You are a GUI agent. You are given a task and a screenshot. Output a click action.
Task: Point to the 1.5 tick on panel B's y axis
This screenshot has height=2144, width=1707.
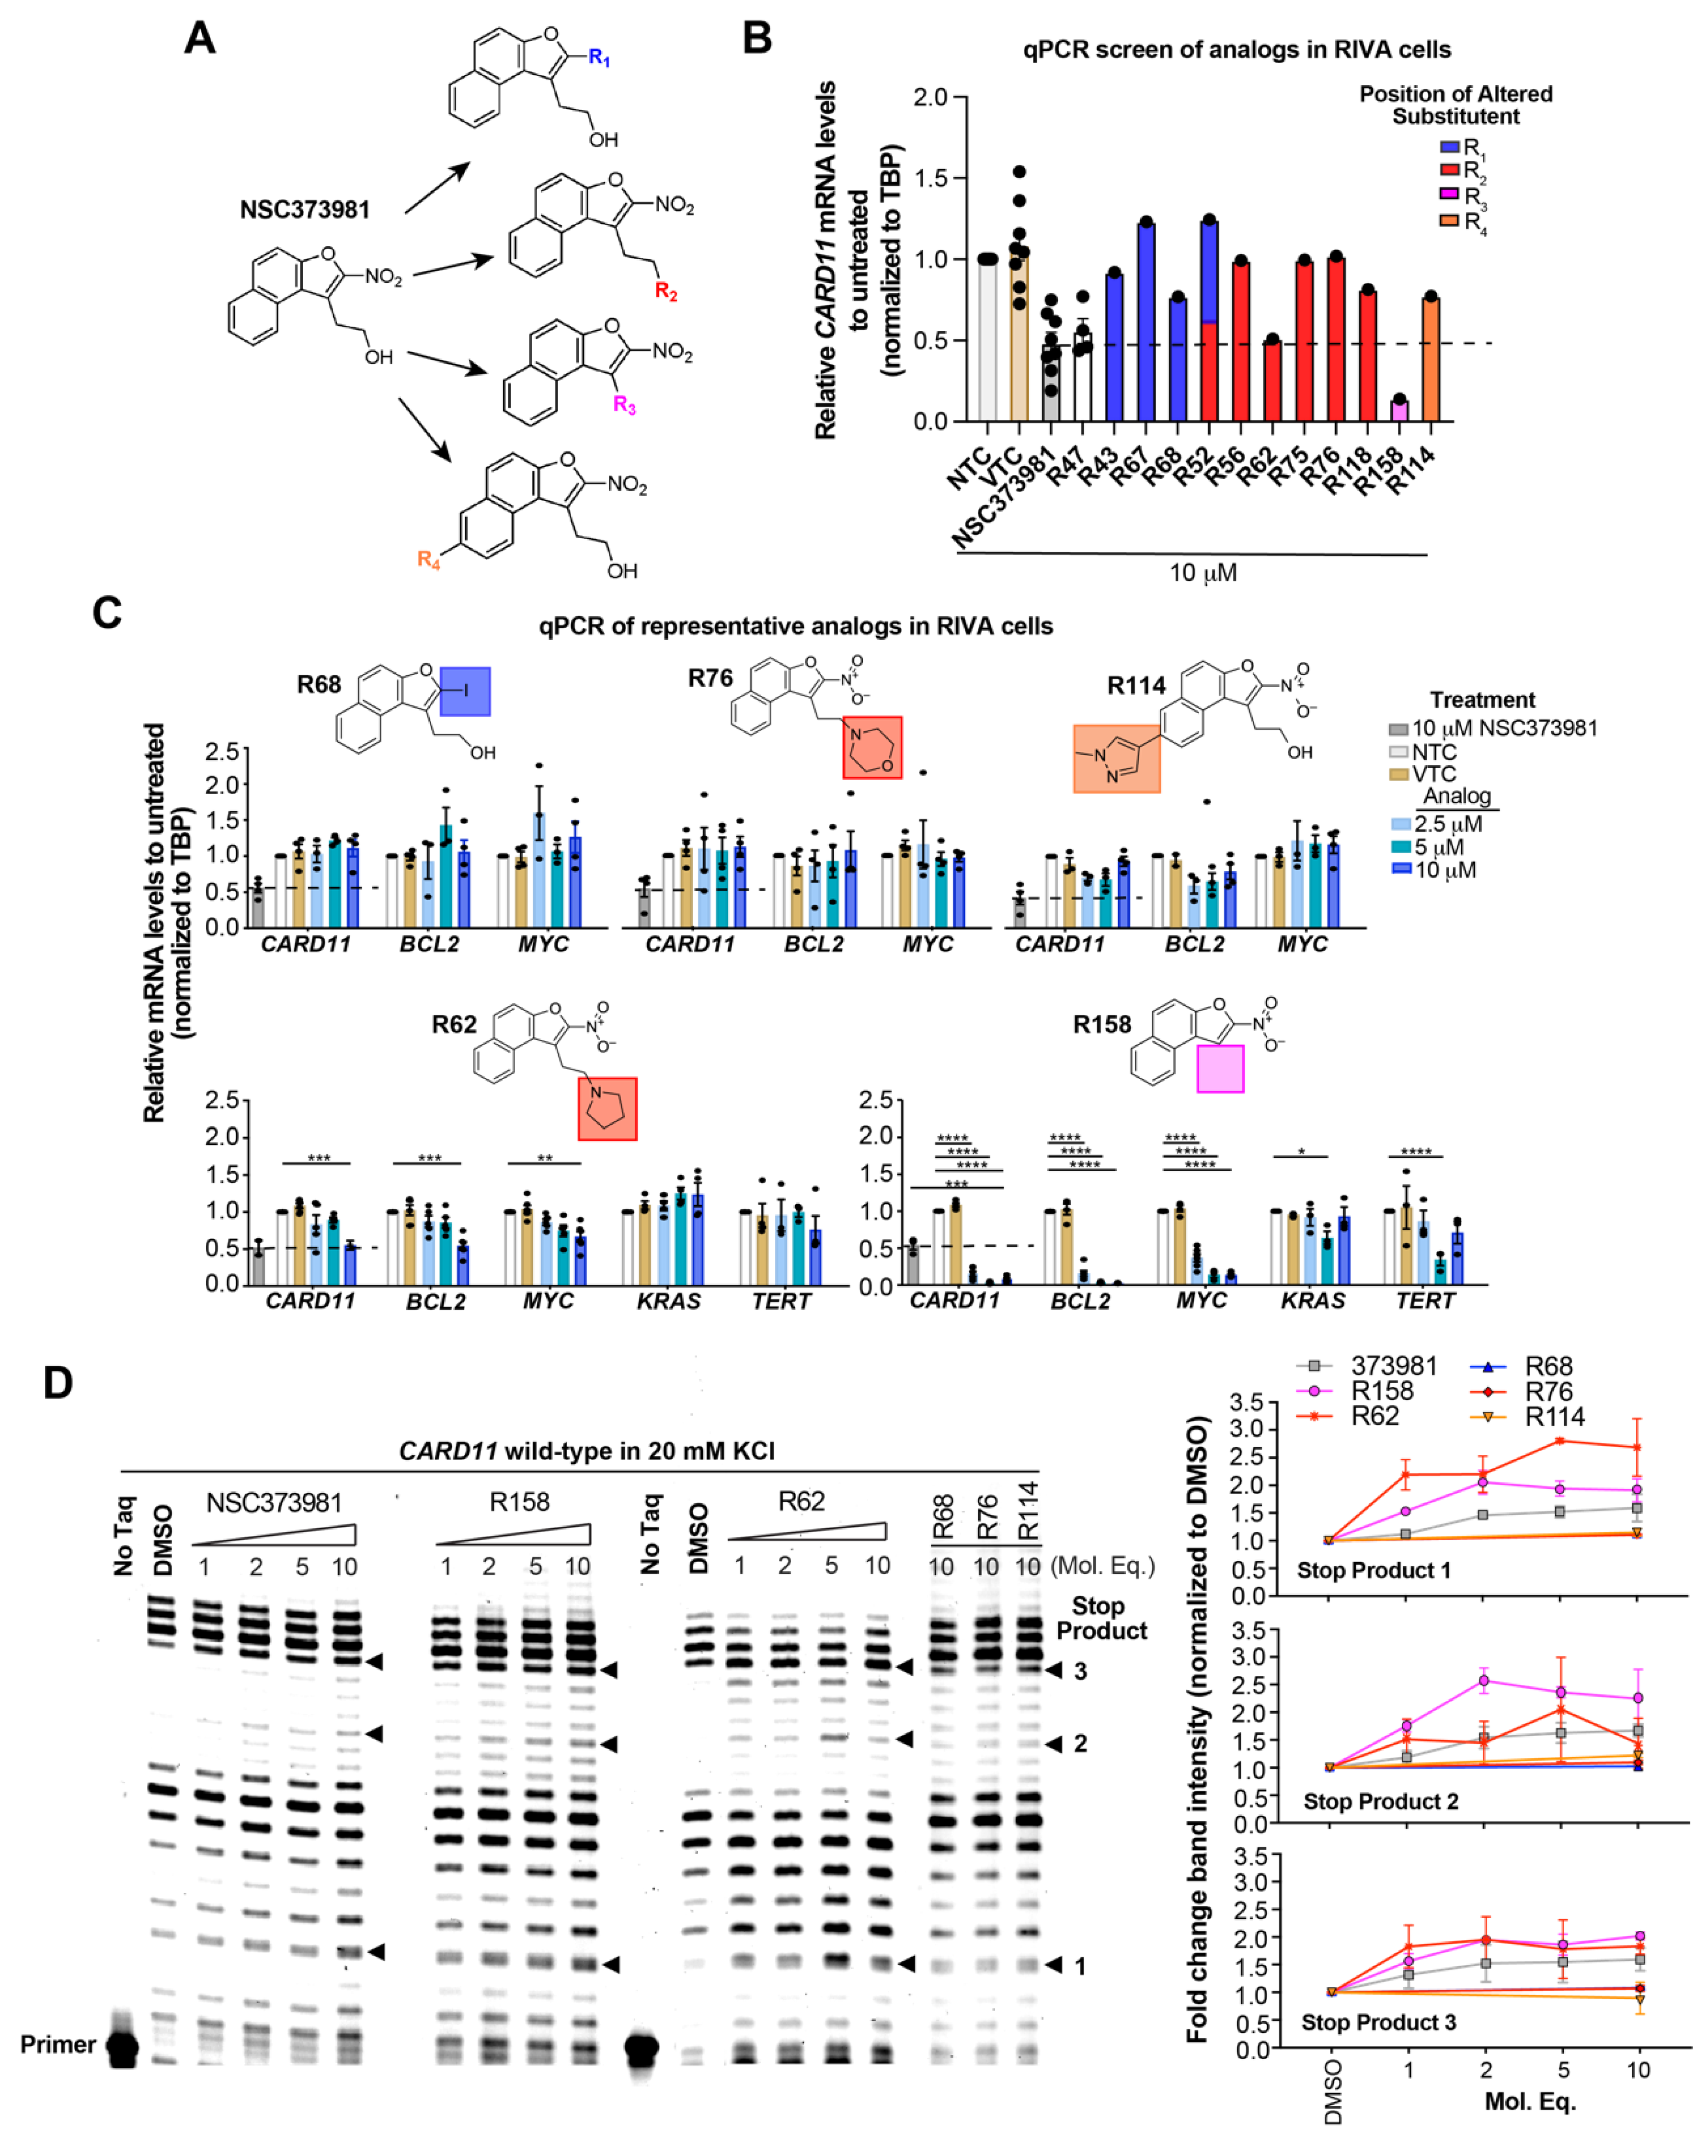(930, 179)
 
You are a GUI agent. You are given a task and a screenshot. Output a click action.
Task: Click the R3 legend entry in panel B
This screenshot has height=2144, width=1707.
(1464, 195)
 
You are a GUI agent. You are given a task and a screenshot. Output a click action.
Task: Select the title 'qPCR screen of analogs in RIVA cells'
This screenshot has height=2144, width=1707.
(1237, 50)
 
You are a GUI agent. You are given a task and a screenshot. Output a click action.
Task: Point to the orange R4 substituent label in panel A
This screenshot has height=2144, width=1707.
(428, 560)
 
